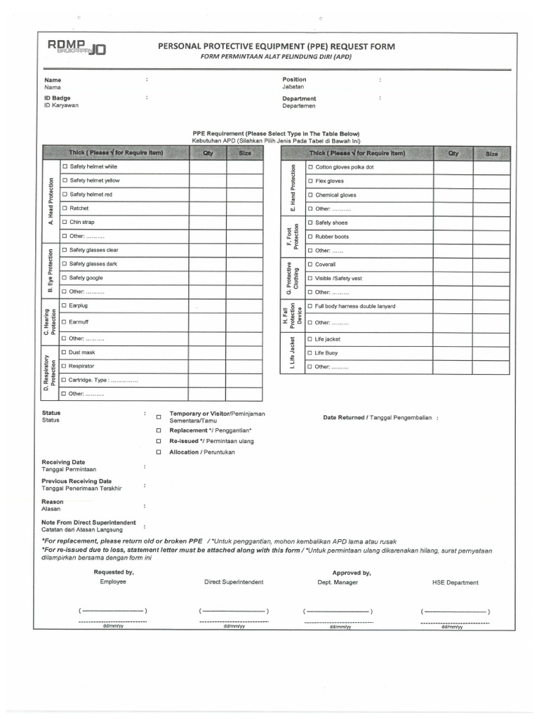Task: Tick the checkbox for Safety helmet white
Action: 65,166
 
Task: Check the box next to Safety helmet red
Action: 65,194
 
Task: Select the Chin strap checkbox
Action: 65,222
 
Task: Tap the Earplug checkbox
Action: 65,305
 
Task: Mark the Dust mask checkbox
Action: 65,352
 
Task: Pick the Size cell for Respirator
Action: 244,366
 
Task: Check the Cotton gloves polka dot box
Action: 310,167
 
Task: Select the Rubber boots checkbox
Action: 310,237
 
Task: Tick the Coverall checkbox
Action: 310,265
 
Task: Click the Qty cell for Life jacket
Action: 453,338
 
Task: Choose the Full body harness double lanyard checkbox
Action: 310,306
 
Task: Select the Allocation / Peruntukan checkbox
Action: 159,452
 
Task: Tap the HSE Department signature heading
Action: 455,582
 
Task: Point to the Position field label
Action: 294,79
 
